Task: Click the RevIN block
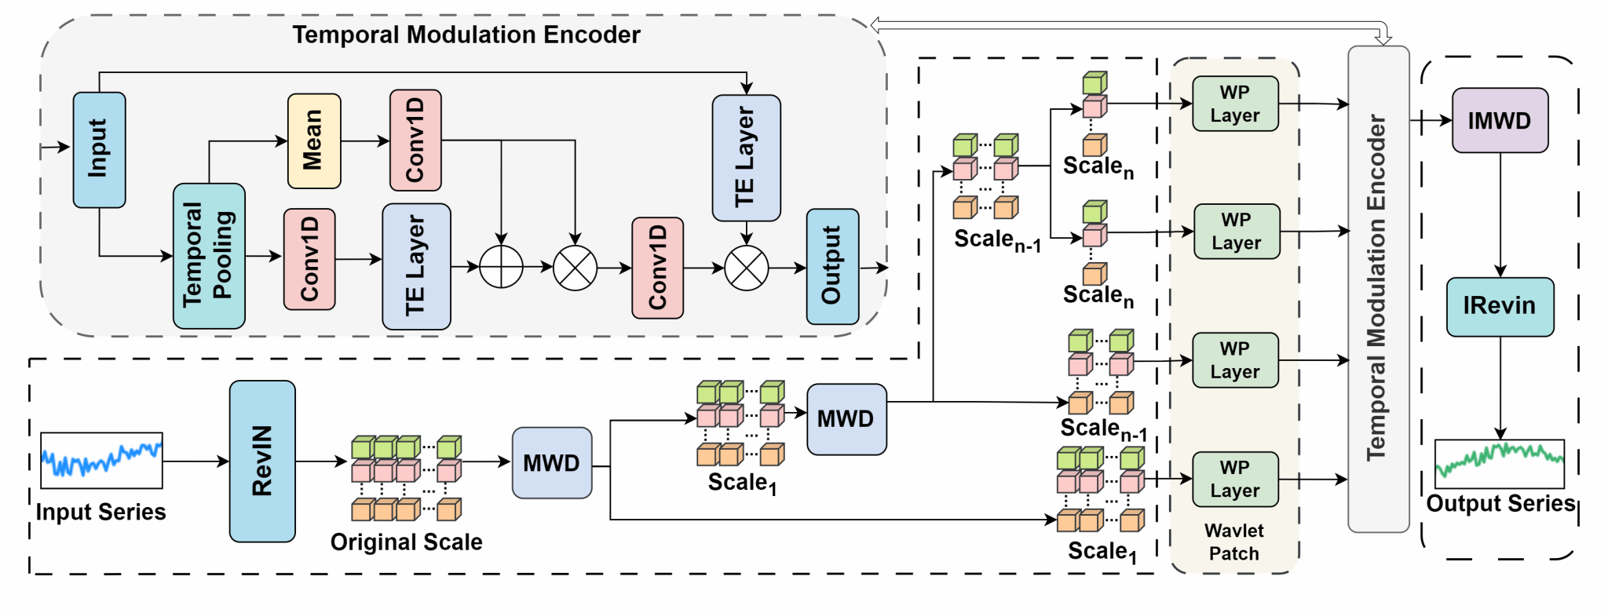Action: [x=262, y=462]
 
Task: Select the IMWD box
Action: [x=1500, y=120]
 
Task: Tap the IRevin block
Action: [x=1500, y=306]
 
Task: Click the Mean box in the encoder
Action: [x=314, y=141]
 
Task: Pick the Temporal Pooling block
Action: [x=209, y=256]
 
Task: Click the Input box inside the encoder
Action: [x=99, y=150]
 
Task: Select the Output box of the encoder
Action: [x=832, y=267]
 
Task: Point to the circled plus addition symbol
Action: [x=501, y=267]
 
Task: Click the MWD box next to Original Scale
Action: [x=552, y=463]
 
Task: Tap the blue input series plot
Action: [x=101, y=461]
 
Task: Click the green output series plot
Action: [x=1500, y=464]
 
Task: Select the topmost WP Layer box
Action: [x=1235, y=104]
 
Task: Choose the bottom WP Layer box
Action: [x=1235, y=479]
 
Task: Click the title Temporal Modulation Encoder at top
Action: [x=466, y=35]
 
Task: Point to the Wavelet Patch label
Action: [x=1234, y=542]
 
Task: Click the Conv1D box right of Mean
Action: [x=415, y=140]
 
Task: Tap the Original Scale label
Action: [x=406, y=542]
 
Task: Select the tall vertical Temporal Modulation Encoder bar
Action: [x=1379, y=289]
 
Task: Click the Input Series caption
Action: [x=101, y=512]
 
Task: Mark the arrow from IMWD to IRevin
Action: [x=1500, y=215]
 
